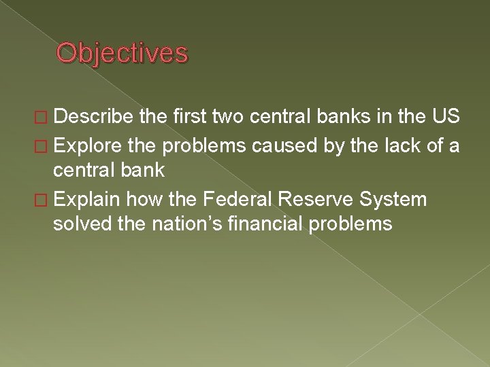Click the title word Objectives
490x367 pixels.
coord(121,53)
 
